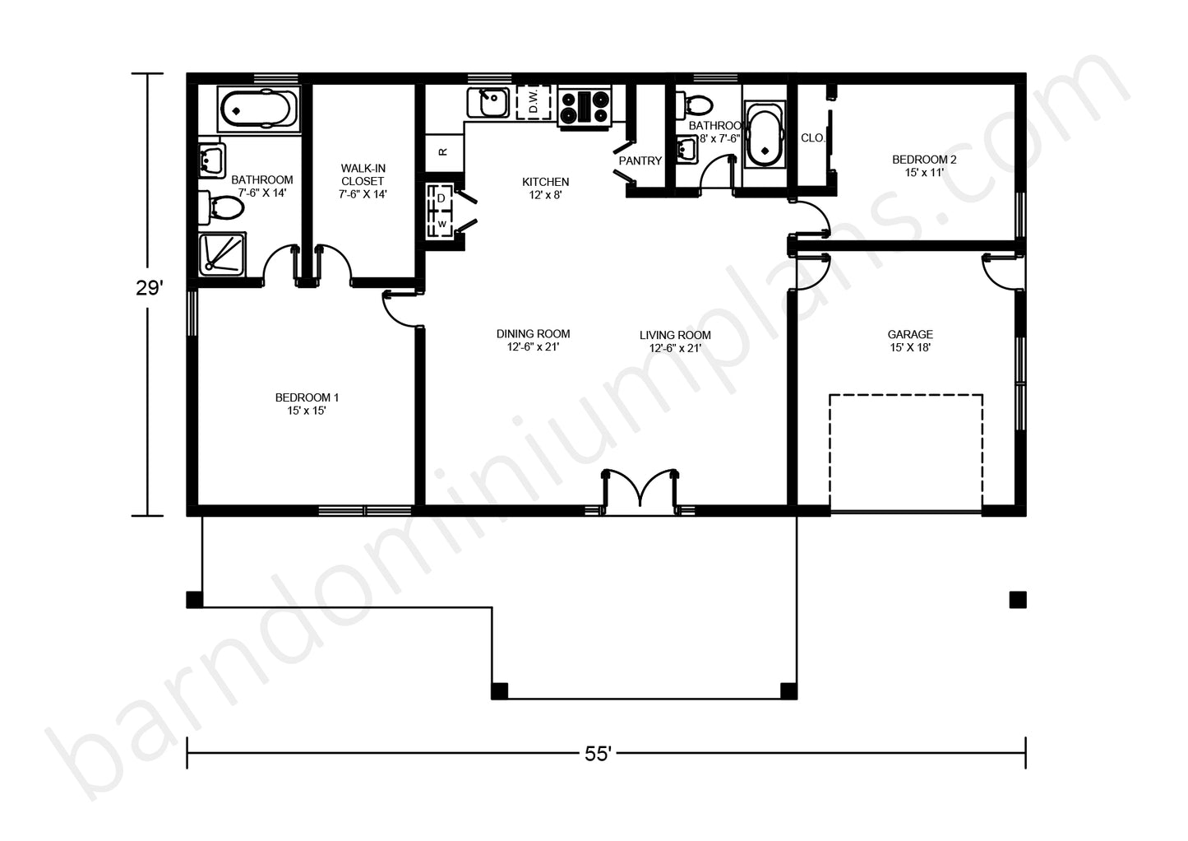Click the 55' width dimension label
(598, 754)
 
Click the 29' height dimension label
(149, 288)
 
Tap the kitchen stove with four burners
(585, 108)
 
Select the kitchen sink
(488, 102)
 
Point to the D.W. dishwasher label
(534, 101)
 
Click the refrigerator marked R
(444, 152)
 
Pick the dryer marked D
(441, 197)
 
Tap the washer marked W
(441, 224)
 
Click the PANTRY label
(640, 160)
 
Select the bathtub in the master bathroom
(259, 109)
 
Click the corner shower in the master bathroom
(222, 254)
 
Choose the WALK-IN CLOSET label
(363, 181)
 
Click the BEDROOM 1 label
(307, 403)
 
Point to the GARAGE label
(910, 341)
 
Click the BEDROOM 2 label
(924, 165)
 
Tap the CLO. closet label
(812, 138)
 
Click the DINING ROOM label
(533, 340)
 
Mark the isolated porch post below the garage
(1018, 600)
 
